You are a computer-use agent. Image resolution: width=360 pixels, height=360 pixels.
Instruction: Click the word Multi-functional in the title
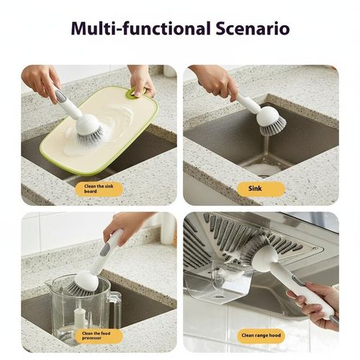tap(130, 28)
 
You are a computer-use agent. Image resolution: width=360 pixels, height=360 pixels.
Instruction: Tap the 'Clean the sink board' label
tap(99, 189)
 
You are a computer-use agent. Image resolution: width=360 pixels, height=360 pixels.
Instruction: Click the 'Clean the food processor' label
tap(99, 335)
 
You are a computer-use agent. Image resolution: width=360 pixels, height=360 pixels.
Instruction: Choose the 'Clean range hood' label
tap(261, 336)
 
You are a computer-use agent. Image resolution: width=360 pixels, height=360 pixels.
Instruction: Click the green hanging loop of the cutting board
tap(134, 92)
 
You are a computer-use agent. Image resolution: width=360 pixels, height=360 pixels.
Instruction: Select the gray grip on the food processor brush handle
tap(105, 248)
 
